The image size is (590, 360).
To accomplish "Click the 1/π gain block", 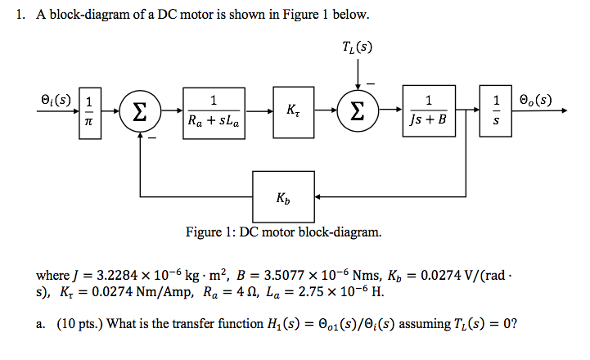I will (90, 112).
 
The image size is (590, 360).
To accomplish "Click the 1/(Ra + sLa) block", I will (213, 112).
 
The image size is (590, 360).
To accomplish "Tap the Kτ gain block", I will (293, 111).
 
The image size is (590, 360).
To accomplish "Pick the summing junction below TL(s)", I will (358, 111).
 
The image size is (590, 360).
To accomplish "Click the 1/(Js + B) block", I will (430, 112).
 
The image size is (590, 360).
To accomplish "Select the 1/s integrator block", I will (496, 112).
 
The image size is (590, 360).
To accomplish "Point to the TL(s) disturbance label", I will (358, 47).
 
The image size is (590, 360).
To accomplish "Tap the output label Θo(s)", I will (534, 101).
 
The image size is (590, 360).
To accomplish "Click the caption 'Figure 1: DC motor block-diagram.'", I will (283, 233).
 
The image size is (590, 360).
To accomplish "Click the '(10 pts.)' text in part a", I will (78, 325).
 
